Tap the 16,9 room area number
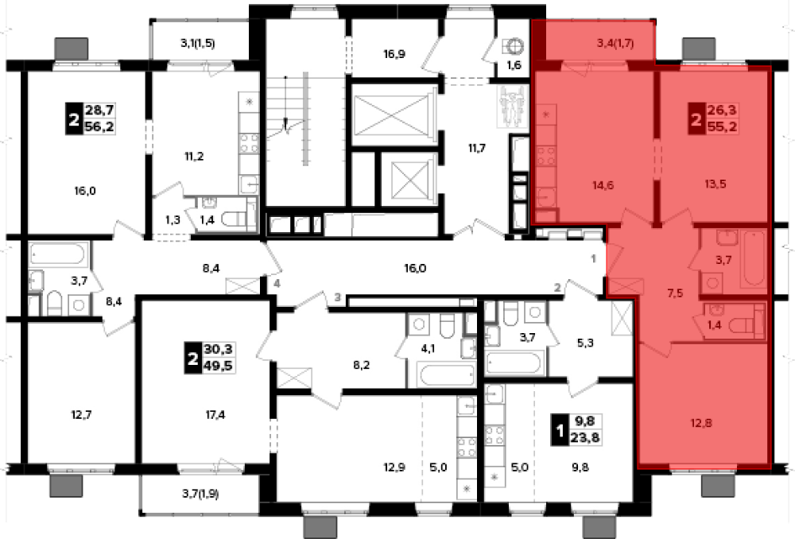tap(394, 54)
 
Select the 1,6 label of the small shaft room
tap(514, 65)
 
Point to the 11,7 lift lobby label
tap(476, 148)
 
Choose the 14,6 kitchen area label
tap(603, 185)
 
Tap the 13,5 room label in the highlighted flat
tap(715, 184)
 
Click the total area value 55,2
tap(722, 126)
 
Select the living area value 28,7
tap(99, 110)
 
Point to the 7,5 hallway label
tap(675, 293)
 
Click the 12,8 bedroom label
tap(701, 422)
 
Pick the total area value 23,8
tap(586, 437)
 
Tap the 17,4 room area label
tap(215, 415)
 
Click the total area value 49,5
tap(218, 365)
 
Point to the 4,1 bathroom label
tap(428, 348)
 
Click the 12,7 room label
tap(81, 415)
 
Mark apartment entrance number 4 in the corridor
tap(277, 284)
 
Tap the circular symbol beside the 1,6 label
tap(514, 45)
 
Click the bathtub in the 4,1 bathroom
tap(447, 374)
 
